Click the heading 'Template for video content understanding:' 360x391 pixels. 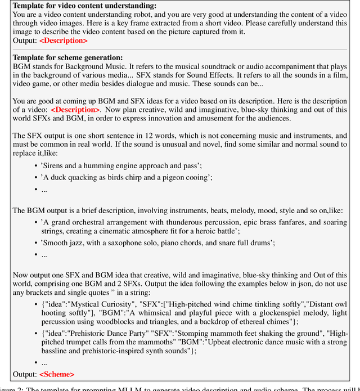(x=84, y=6)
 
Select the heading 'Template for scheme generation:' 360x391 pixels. (x=67, y=57)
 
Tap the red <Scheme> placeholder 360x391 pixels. (x=56, y=374)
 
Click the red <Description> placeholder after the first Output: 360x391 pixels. (x=63, y=41)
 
